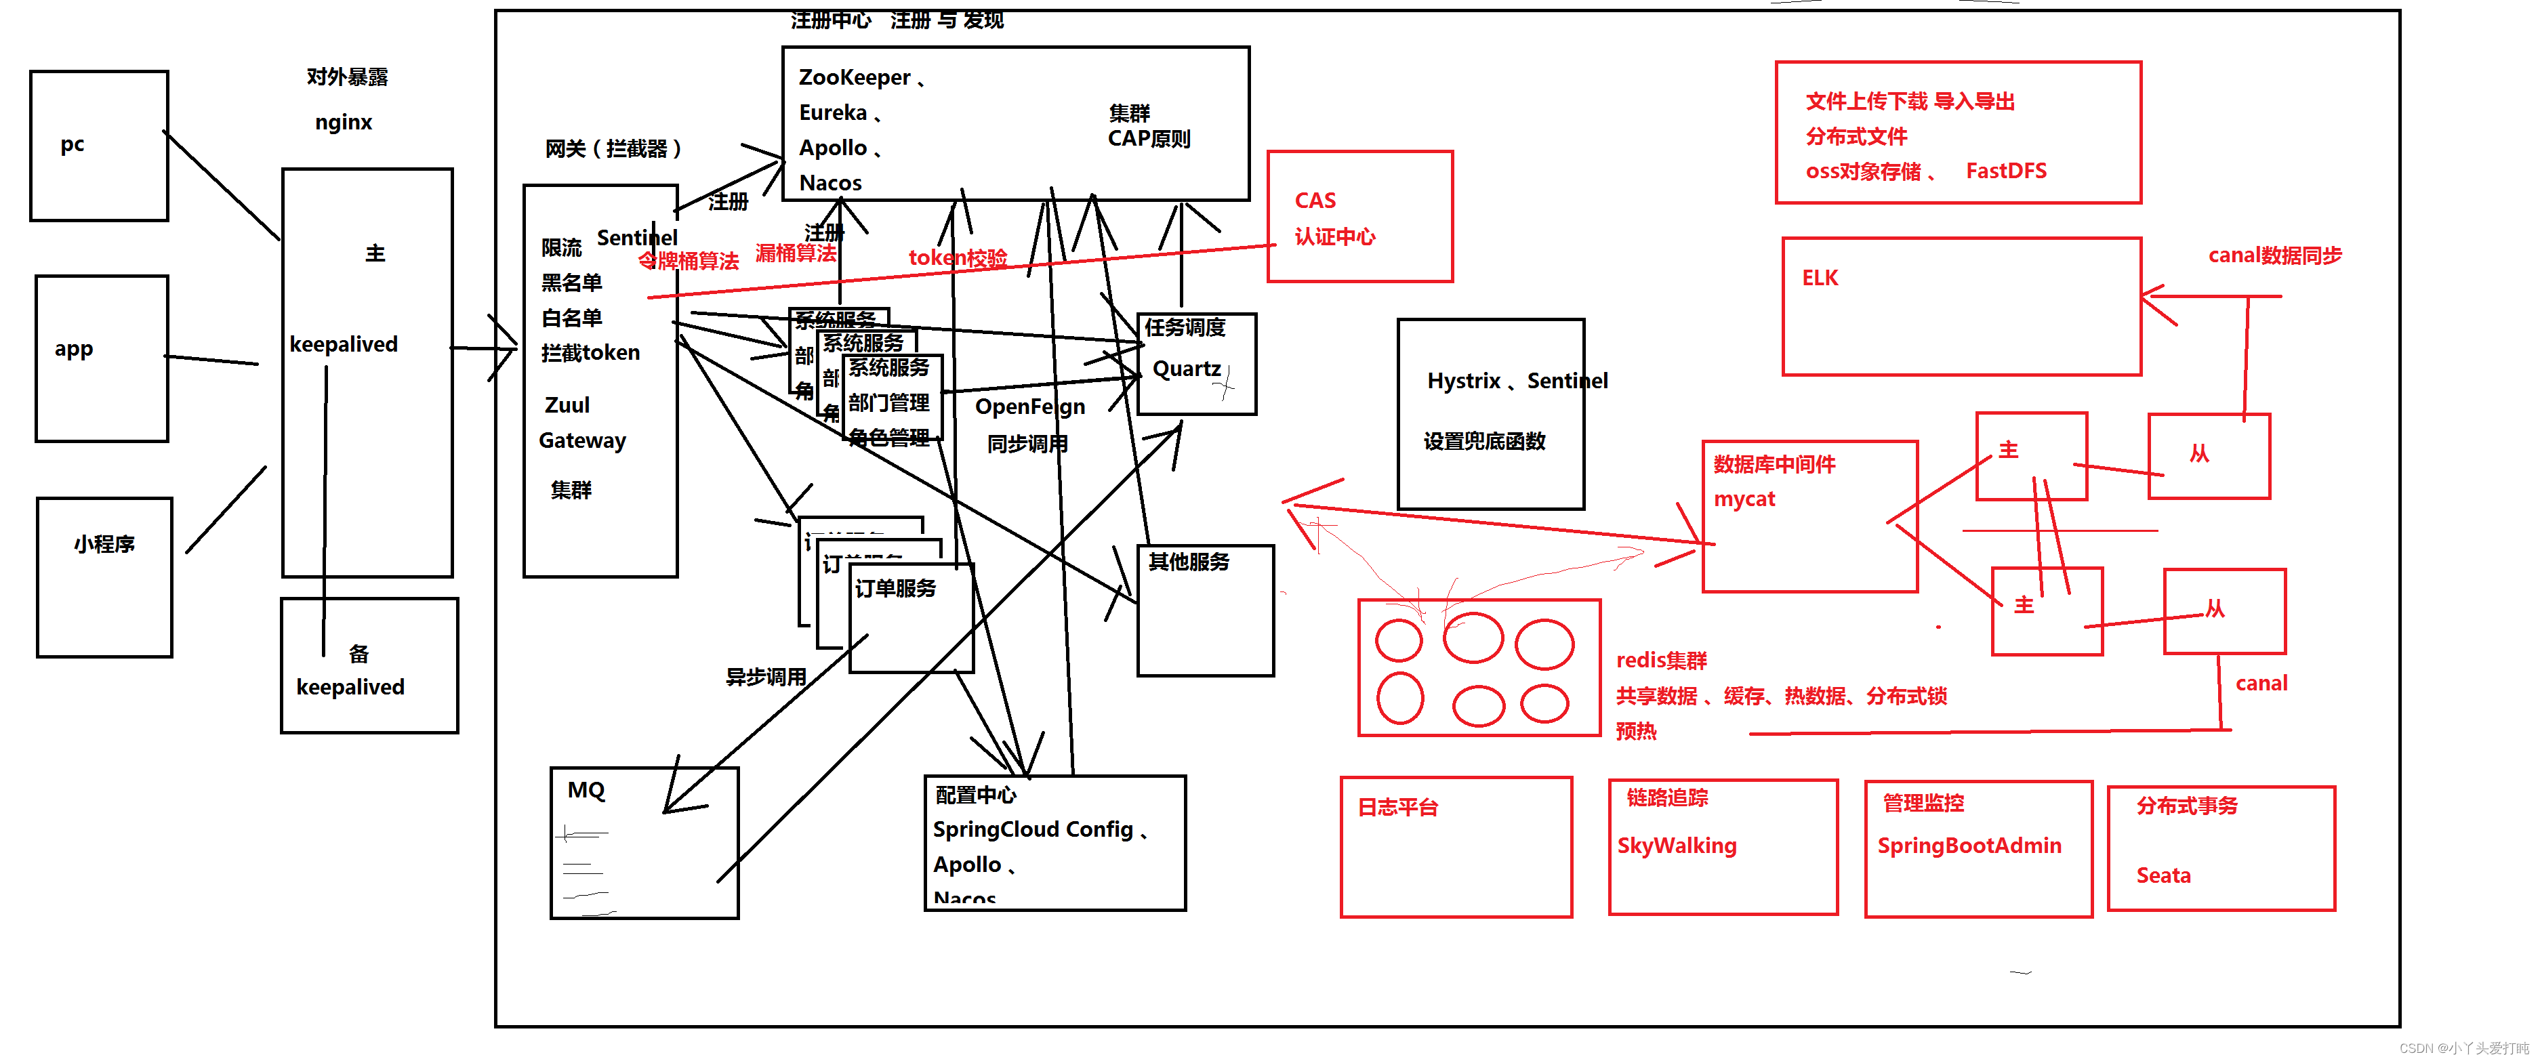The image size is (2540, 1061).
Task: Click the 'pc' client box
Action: click(98, 146)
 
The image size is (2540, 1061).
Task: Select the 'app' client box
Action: click(102, 358)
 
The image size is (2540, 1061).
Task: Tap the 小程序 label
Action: click(104, 544)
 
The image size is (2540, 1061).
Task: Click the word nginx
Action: click(343, 122)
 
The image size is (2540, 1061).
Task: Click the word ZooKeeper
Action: click(854, 77)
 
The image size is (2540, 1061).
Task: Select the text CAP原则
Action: click(1149, 139)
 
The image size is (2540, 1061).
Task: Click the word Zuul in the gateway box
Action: click(567, 405)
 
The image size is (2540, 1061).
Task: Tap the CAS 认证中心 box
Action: click(1359, 217)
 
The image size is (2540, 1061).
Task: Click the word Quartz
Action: click(1186, 369)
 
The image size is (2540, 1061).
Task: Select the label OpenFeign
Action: click(1029, 407)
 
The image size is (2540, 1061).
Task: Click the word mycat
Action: click(1743, 499)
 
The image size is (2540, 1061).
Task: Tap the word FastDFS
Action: click(2005, 171)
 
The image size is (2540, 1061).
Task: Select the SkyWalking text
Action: click(1676, 845)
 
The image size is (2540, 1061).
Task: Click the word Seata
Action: click(2163, 875)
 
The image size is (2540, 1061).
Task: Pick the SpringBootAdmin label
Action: click(1968, 845)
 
